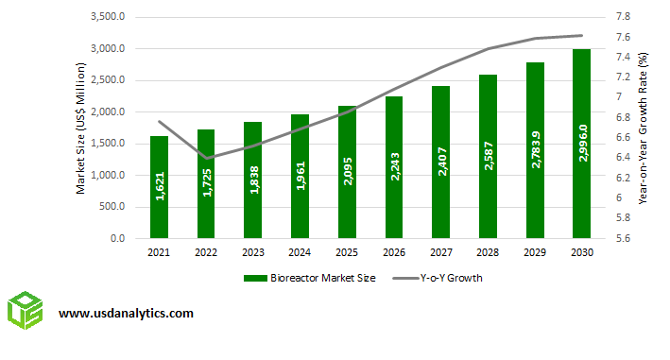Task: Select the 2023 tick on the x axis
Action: click(253, 252)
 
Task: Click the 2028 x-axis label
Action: click(488, 252)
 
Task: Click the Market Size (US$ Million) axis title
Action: click(81, 128)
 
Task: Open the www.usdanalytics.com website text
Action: click(127, 313)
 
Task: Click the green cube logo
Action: click(26, 313)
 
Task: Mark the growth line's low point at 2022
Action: click(207, 158)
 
